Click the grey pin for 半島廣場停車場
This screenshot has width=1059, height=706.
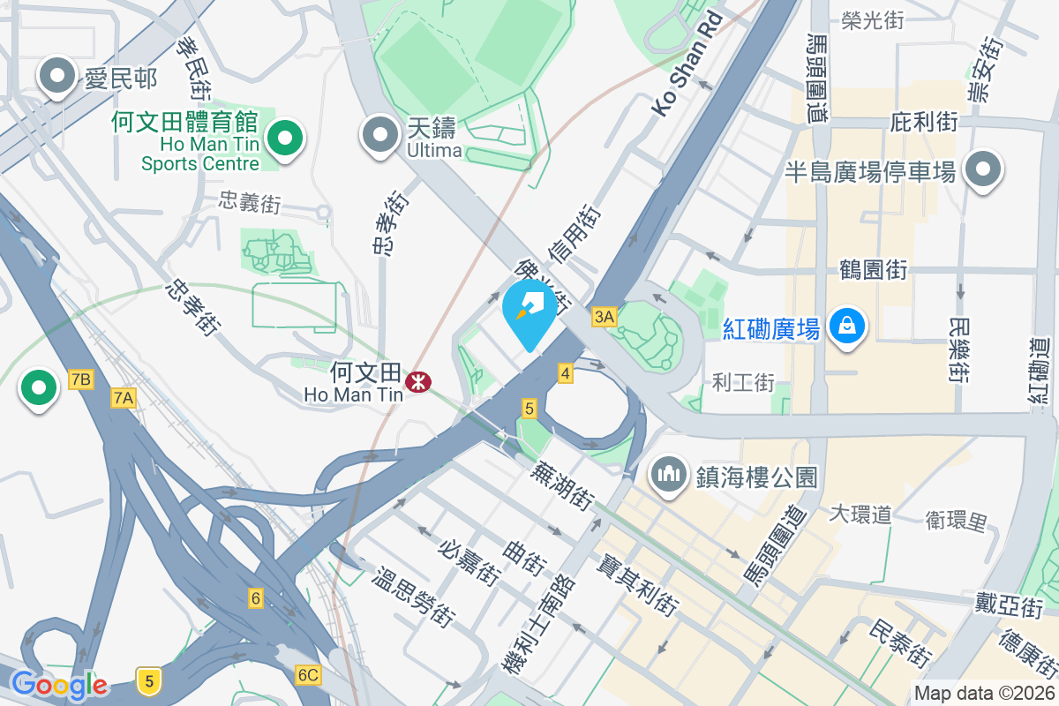[x=983, y=169]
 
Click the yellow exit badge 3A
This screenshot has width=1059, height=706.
[x=604, y=317]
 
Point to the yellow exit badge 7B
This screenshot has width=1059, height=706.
[x=80, y=379]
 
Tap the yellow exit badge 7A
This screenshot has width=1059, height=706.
[x=124, y=399]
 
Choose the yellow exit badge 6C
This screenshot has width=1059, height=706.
[x=308, y=675]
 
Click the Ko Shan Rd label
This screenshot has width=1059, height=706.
[x=687, y=64]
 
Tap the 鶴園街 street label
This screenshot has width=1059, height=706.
[x=874, y=269]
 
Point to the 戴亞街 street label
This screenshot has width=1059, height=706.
[x=1010, y=605]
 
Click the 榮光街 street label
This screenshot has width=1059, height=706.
[x=872, y=21]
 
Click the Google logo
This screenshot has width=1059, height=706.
[x=59, y=685]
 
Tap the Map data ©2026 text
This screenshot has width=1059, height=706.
[x=984, y=693]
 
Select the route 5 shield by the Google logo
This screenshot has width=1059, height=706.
[x=149, y=680]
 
